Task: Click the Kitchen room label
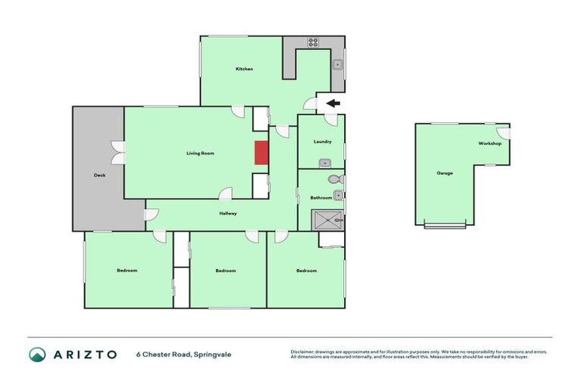(244, 69)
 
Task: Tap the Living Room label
(200, 153)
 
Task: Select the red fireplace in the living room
(261, 152)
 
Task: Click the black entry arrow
(333, 103)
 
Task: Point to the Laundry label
(322, 142)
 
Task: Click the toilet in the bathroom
(334, 180)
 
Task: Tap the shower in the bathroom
(329, 220)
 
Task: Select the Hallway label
(228, 213)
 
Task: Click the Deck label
(99, 175)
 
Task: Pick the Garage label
(444, 173)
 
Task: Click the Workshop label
(490, 143)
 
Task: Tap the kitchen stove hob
(312, 42)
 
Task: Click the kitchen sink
(338, 64)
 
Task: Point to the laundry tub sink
(324, 162)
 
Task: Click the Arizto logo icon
(37, 354)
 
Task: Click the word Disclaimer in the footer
(303, 352)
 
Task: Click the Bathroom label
(321, 198)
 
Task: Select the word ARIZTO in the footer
(85, 354)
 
